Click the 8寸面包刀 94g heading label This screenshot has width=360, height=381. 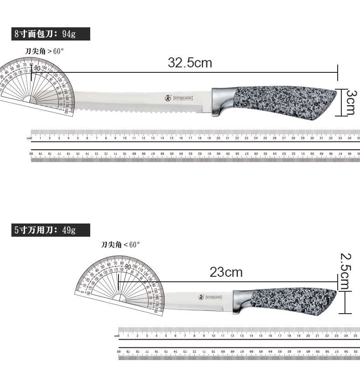coord(45,34)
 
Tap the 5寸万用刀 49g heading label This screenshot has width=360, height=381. coord(45,230)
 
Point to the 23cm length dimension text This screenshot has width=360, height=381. coord(226,273)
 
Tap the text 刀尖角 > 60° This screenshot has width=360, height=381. coord(45,51)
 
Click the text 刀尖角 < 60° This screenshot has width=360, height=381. coord(120,245)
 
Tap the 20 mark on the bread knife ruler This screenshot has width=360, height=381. coord(218,138)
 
